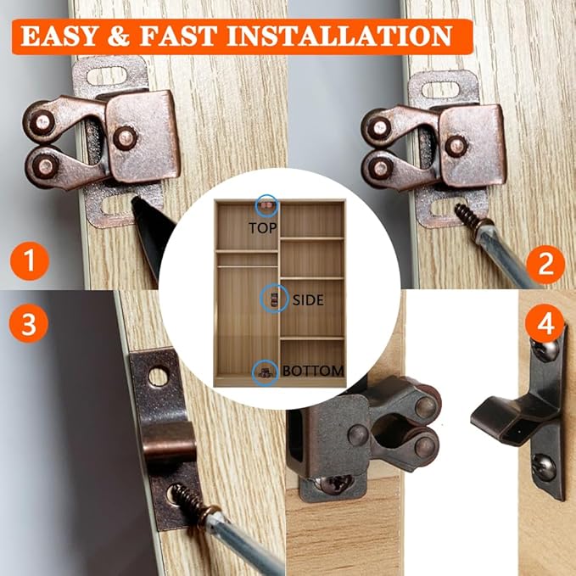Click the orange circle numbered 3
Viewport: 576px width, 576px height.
31,326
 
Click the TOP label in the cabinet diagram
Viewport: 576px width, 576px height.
264,227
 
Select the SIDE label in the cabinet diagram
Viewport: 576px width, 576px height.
307,300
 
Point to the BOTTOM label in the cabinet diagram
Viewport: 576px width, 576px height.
313,371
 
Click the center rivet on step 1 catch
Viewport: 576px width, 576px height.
126,136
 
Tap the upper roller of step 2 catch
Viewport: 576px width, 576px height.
378,127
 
